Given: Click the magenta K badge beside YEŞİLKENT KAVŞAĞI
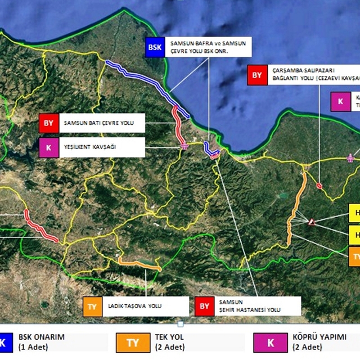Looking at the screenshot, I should (x=48, y=147).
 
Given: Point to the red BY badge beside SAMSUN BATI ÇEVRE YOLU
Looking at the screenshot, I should (x=48, y=122).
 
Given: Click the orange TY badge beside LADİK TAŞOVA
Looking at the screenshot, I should (x=92, y=306).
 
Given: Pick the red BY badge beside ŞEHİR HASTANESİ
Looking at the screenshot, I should (x=204, y=306).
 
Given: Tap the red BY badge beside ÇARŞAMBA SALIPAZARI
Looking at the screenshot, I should (x=256, y=75).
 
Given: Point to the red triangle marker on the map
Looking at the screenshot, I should (x=311, y=222).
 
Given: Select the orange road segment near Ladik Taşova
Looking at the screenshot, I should (x=139, y=263).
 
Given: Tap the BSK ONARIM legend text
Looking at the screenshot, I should (x=42, y=341).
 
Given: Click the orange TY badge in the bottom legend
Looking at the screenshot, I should (x=133, y=342).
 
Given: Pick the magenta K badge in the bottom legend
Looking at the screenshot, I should (x=271, y=342).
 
